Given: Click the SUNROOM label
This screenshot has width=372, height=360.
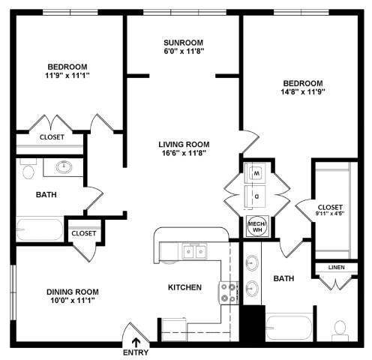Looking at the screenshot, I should [184, 42].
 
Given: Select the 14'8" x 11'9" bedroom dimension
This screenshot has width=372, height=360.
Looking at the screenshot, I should [302, 94].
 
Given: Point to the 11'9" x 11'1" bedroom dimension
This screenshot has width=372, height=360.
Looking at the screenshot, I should [67, 76].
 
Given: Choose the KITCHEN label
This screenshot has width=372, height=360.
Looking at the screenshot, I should [184, 286].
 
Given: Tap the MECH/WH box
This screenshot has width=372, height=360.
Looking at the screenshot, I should [256, 225].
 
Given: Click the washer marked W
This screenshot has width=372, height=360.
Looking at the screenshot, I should [256, 174].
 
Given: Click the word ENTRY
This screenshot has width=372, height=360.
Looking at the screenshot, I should [135, 352].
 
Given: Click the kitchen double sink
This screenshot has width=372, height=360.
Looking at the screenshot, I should [191, 252].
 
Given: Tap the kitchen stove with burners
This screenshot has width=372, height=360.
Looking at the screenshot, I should [228, 292].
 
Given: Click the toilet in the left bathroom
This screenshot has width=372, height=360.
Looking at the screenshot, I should [28, 172].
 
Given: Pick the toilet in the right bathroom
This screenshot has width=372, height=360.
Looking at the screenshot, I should [340, 328].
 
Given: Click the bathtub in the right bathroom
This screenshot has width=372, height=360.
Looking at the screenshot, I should [289, 326].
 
